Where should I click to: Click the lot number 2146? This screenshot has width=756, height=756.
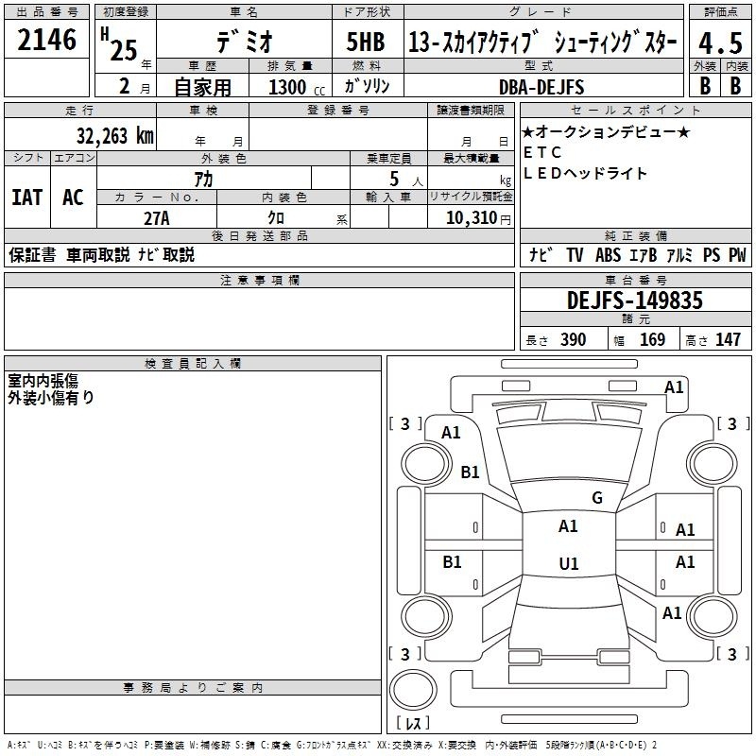tap(46, 40)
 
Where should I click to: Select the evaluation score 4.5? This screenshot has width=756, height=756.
tap(720, 43)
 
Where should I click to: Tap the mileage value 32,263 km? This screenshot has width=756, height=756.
tap(115, 136)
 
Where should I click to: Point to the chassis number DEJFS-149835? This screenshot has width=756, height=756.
tap(634, 301)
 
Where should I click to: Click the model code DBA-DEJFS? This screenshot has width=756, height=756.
tap(541, 87)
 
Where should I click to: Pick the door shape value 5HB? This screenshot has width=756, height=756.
tap(366, 42)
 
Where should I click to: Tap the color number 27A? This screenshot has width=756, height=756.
tap(157, 218)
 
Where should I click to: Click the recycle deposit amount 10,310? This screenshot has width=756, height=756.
tap(472, 218)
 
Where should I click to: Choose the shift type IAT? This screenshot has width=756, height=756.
tap(27, 198)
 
